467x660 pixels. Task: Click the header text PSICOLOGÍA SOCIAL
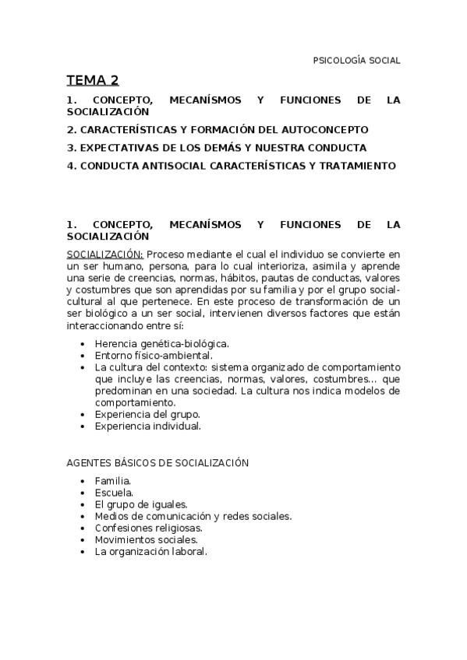click(x=356, y=61)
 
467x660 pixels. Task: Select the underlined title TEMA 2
click(x=92, y=80)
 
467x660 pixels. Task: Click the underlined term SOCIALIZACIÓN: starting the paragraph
click(x=105, y=254)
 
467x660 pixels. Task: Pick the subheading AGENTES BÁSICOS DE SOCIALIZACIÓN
click(x=157, y=463)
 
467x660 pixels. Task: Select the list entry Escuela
click(x=114, y=493)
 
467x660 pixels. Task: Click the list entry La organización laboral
click(x=150, y=551)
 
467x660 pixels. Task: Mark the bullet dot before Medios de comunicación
click(x=83, y=516)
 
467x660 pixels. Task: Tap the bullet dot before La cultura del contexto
click(x=83, y=367)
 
